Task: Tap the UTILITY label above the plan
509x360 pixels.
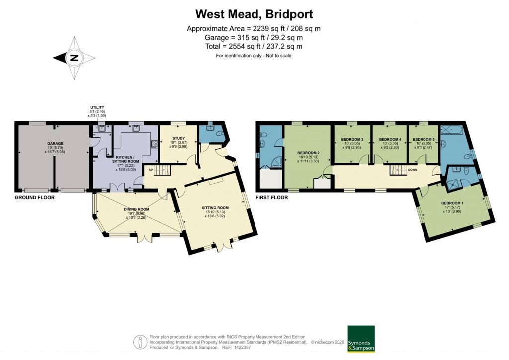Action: (x=97, y=107)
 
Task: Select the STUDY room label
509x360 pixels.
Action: (x=178, y=139)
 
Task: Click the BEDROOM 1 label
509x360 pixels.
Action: (x=452, y=203)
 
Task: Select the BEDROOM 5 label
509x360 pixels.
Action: (x=424, y=139)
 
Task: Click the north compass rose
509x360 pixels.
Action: (x=74, y=58)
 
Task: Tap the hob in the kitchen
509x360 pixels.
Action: (x=153, y=145)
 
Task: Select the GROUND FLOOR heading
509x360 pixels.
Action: (x=34, y=197)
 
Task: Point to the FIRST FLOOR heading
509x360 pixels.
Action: (x=271, y=197)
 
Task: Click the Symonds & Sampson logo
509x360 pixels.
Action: (x=361, y=339)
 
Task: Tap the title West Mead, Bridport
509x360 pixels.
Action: (x=254, y=13)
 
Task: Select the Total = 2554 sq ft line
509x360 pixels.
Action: (x=254, y=46)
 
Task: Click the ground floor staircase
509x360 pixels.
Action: (x=161, y=171)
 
